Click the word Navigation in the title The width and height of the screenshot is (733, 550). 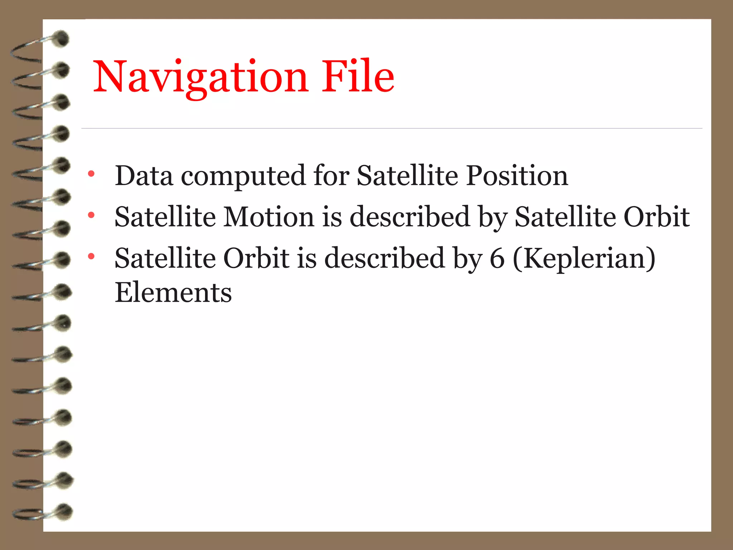tap(200, 77)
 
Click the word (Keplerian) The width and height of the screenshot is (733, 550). tap(584, 259)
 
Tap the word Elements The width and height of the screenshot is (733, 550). tap(173, 293)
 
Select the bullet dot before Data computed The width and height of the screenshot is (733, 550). tap(91, 174)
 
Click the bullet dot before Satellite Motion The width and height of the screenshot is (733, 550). tap(91, 215)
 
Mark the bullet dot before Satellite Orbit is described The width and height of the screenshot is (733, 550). tap(91, 256)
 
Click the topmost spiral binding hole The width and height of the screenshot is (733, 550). tap(62, 39)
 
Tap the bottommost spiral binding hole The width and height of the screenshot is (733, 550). tap(64, 511)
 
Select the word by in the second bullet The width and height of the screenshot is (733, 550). tap(493, 217)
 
